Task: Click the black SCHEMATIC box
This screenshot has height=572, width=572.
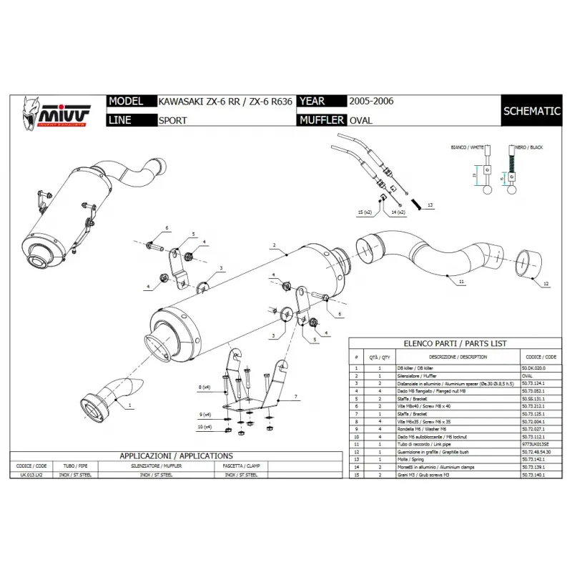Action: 531,111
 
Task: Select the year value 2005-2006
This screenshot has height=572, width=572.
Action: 371,102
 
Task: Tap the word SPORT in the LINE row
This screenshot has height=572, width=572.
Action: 172,121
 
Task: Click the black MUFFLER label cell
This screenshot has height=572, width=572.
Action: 320,120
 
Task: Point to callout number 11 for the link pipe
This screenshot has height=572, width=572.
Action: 462,283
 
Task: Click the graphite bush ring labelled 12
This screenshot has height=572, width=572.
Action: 530,262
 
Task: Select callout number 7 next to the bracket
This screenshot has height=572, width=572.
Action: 295,395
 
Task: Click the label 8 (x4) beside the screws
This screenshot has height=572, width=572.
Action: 204,387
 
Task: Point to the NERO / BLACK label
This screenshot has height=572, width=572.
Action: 528,147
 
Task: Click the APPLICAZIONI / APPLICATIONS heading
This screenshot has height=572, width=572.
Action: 175,455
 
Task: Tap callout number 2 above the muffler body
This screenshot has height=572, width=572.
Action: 274,245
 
